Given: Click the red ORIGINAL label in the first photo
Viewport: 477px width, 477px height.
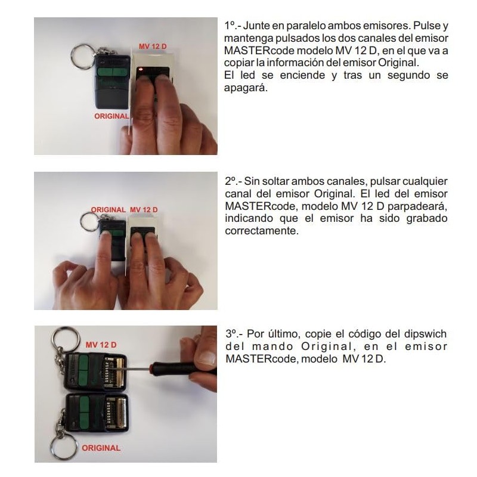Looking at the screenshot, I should (x=111, y=116).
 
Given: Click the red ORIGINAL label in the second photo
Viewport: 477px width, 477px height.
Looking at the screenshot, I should (x=108, y=210).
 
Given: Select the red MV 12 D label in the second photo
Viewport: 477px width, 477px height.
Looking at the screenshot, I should (x=144, y=210).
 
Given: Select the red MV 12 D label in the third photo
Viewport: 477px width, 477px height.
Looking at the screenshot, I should (x=101, y=345).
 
